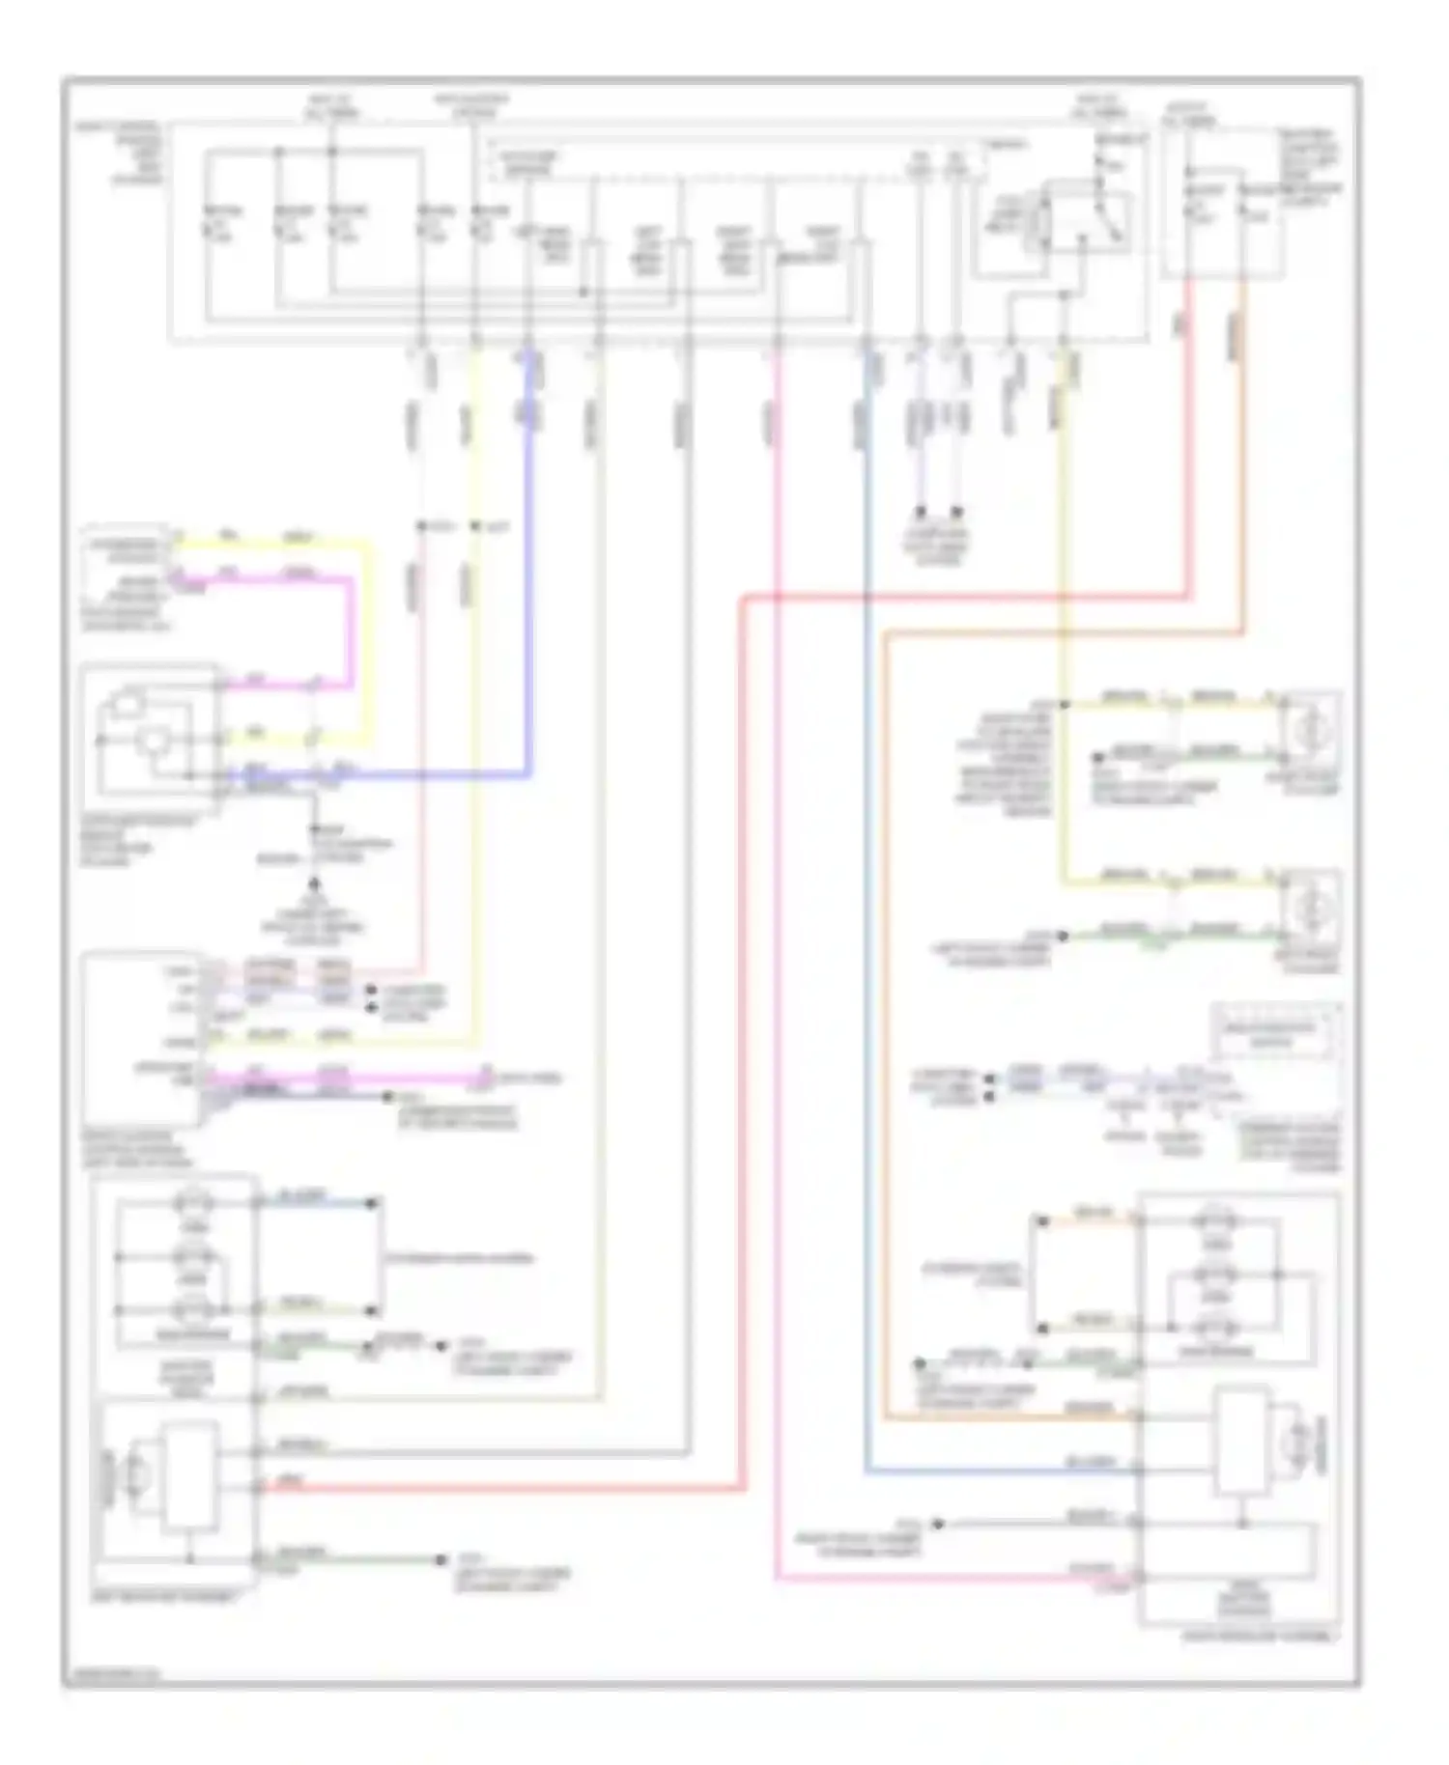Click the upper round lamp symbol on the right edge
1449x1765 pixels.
coord(1311,728)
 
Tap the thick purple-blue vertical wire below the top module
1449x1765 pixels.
coord(528,541)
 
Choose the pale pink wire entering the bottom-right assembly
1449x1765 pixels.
coord(778,966)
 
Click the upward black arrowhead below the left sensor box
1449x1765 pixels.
coord(314,882)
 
